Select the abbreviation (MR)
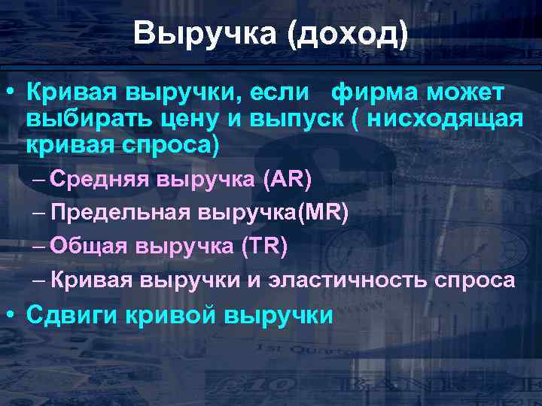(x=324, y=213)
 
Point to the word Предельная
(x=120, y=213)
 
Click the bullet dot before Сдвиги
(x=11, y=314)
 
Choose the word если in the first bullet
(x=279, y=93)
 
